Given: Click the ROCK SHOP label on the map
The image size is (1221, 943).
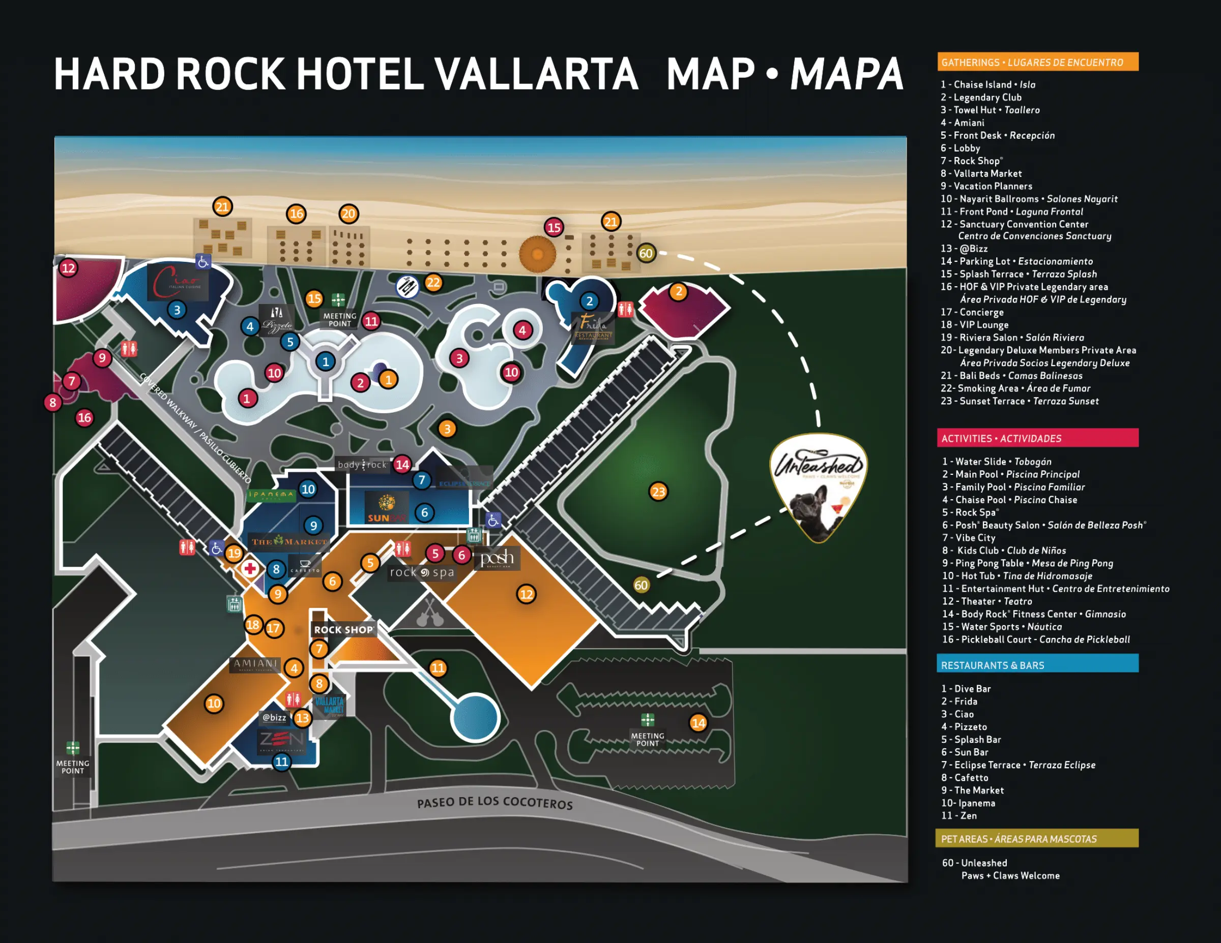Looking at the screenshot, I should (x=343, y=629).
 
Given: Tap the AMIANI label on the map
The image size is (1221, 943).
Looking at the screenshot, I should (x=255, y=664).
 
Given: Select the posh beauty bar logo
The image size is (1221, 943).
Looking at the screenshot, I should (x=497, y=558).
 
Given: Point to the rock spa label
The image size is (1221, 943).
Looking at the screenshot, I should (x=422, y=572).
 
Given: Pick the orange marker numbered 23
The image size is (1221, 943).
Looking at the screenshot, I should (x=658, y=492).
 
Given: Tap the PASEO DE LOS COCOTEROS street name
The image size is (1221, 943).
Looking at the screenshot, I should (x=495, y=803).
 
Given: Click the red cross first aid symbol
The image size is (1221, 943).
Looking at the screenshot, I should (x=249, y=569).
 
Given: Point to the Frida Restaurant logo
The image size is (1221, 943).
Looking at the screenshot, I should (x=593, y=326).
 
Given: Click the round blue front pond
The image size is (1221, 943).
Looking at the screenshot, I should (x=475, y=717).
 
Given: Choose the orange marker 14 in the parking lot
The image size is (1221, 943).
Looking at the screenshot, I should (x=699, y=723).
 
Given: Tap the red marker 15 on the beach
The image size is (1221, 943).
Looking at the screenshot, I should (x=554, y=227).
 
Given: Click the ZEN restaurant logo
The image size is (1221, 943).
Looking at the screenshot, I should (x=281, y=740).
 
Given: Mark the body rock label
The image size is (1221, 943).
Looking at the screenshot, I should (x=362, y=465).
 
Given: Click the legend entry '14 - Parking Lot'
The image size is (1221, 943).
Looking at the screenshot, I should (x=1016, y=261).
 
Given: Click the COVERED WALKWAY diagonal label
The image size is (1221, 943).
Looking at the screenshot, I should (x=195, y=428).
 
